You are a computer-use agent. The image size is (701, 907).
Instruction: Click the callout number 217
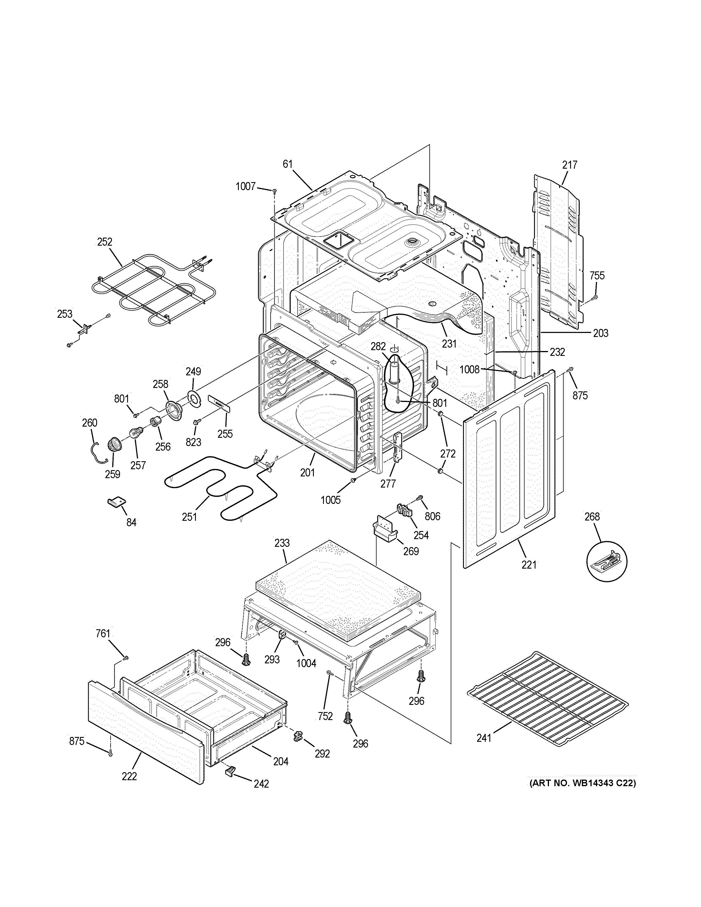pyautogui.click(x=570, y=165)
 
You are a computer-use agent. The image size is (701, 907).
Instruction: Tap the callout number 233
pyautogui.click(x=282, y=543)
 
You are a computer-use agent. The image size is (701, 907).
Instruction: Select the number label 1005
pyautogui.click(x=330, y=500)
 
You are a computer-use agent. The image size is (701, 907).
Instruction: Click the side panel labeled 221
pyautogui.click(x=509, y=469)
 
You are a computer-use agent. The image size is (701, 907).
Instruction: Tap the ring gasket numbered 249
pyautogui.click(x=193, y=397)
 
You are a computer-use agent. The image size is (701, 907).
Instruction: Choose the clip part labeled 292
pyautogui.click(x=298, y=737)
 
